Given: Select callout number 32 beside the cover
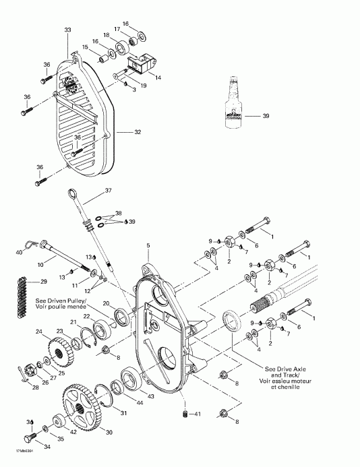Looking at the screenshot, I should pyautogui.click(x=138, y=132).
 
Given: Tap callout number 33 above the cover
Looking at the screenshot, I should pyautogui.click(x=67, y=31).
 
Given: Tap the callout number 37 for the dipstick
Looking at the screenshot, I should pyautogui.click(x=109, y=191).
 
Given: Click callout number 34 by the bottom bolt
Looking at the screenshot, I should pyautogui.click(x=29, y=446).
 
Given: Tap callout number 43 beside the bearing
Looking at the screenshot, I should pyautogui.click(x=150, y=396).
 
